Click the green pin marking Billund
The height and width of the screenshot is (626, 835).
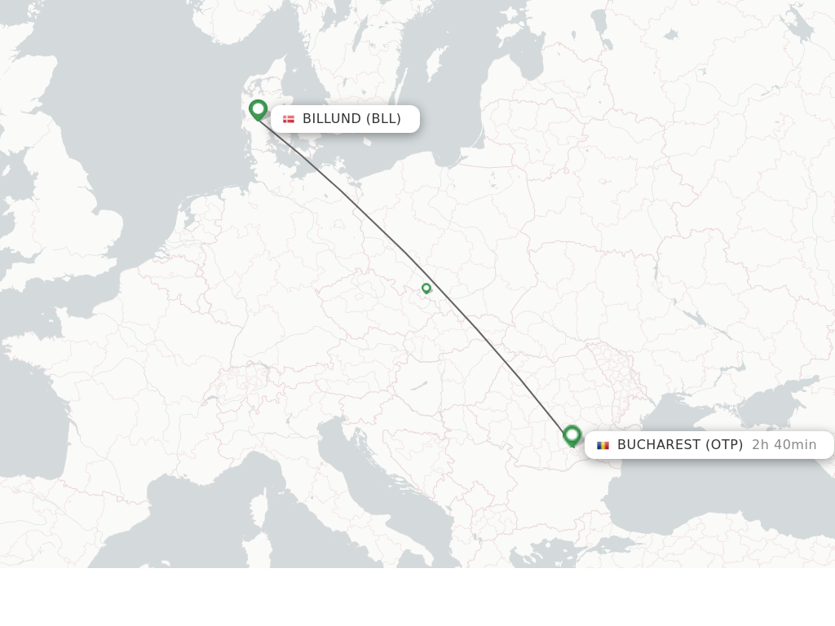pos(258,109)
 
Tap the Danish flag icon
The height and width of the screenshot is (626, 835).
pos(289,119)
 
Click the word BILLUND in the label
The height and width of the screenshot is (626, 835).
pos(332,119)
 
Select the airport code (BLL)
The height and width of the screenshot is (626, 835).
pos(383,119)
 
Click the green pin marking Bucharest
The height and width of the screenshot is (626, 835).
pos(572,435)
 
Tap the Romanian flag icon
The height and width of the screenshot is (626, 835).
pos(603,445)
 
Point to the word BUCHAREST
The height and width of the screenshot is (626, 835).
pos(658,445)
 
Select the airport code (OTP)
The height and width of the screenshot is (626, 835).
pos(724,445)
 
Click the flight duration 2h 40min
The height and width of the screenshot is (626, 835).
pos(784,445)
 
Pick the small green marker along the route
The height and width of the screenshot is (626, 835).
pos(426,288)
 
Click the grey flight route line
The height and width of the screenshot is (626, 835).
pos(473,326)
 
